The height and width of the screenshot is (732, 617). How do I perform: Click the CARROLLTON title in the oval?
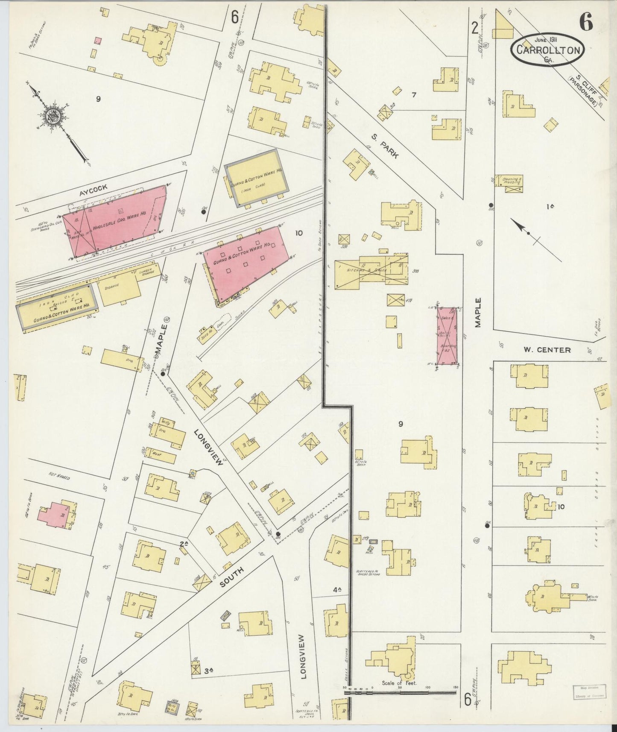[548, 50]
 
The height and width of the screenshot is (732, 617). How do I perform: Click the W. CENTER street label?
[547, 350]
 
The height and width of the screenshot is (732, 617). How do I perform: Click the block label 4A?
[337, 590]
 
